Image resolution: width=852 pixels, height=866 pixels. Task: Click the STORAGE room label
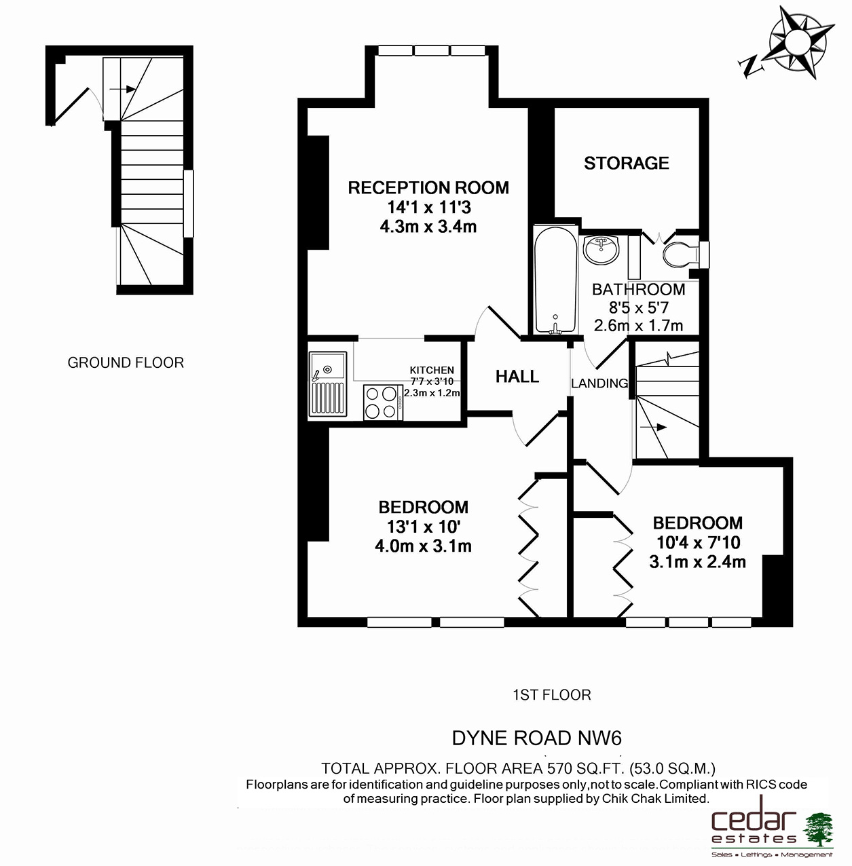click(627, 163)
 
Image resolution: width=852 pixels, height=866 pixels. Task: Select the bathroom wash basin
click(601, 250)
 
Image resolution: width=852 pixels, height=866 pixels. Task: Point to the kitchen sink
click(328, 383)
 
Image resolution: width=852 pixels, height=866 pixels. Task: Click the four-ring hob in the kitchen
click(383, 402)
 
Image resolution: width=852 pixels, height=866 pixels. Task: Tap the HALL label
click(517, 377)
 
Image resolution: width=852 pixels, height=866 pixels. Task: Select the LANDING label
click(599, 383)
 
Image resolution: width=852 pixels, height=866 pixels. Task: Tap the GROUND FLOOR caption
click(126, 362)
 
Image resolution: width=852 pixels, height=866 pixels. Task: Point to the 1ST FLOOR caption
click(552, 695)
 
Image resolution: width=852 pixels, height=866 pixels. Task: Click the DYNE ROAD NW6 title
click(537, 738)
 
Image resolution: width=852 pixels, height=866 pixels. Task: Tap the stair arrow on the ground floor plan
click(122, 89)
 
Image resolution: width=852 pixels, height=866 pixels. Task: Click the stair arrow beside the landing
click(653, 426)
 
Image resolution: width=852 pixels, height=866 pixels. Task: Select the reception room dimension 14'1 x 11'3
click(429, 207)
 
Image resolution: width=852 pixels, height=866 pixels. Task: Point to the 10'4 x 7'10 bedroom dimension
click(699, 542)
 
